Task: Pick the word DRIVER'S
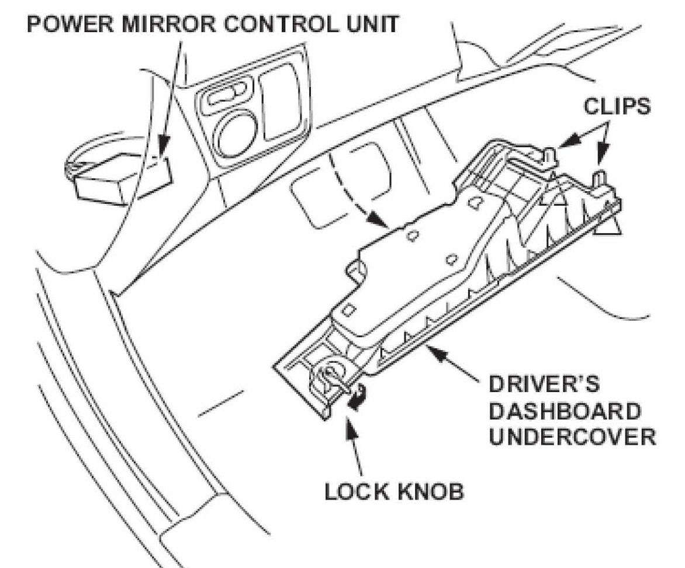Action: (x=535, y=387)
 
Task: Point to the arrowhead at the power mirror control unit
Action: (x=162, y=153)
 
